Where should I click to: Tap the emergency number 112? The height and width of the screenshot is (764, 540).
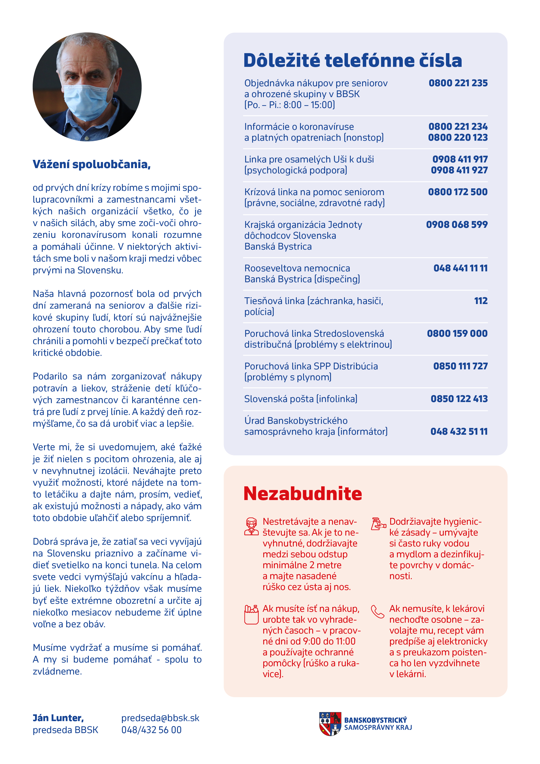tap(481, 301)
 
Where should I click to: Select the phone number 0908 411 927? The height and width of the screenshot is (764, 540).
tap(459, 170)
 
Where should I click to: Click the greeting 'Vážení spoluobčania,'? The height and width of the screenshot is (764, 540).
tap(91, 164)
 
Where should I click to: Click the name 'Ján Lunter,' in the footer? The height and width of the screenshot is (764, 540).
tap(58, 718)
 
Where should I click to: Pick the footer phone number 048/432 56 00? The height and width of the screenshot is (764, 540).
tap(151, 730)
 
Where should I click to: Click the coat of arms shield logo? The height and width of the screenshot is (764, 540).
tap(330, 724)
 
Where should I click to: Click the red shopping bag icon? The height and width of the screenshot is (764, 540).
tap(251, 614)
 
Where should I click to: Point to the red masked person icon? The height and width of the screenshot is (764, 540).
tap(251, 526)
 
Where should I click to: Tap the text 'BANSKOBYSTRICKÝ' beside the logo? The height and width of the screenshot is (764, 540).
tap(376, 720)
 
